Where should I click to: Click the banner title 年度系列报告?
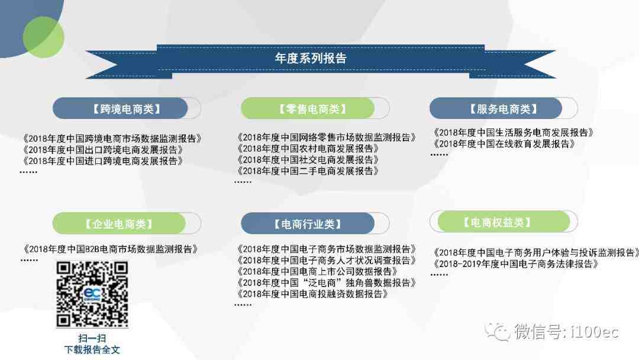[x=311, y=58]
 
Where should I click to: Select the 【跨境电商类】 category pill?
[x=127, y=108]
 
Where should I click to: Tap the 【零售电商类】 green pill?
[x=315, y=108]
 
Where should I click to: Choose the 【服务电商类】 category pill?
[x=504, y=108]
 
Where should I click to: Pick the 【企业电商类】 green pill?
[x=127, y=223]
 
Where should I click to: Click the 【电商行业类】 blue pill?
[x=315, y=223]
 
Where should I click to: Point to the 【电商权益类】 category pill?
[x=504, y=222]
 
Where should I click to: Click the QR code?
[x=92, y=294]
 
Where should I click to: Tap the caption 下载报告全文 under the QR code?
[x=92, y=349]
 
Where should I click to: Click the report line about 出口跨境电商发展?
[x=103, y=150]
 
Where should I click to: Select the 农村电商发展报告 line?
[x=308, y=149]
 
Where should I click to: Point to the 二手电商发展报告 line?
[x=308, y=171]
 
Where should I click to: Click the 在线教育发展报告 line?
[x=504, y=143]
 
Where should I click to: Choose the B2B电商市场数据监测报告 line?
[x=111, y=249]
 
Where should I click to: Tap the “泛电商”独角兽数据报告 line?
[x=326, y=282]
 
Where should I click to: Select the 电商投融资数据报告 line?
[x=312, y=294]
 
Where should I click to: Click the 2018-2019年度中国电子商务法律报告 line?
[x=515, y=263]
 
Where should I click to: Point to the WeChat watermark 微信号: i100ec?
[x=552, y=332]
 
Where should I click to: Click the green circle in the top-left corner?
[x=43, y=37]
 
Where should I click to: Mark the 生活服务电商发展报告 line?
[x=513, y=133]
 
